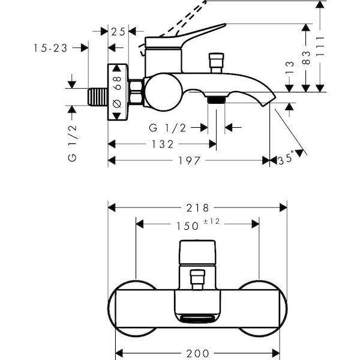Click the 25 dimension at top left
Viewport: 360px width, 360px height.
(x=119, y=31)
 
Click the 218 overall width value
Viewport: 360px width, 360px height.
(x=198, y=208)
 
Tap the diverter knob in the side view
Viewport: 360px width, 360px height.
(x=214, y=62)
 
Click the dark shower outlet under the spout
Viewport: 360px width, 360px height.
(x=216, y=99)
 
